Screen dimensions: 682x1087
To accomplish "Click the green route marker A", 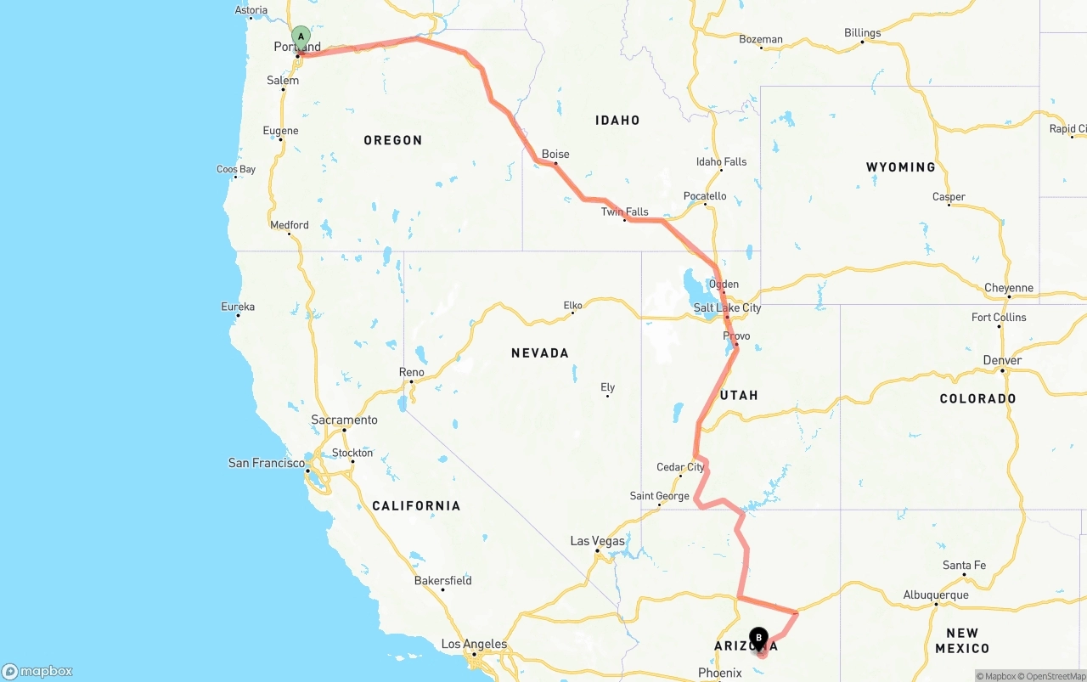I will click(301, 37).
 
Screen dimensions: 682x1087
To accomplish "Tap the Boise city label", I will click(555, 155).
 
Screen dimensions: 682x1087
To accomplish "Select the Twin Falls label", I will click(625, 212).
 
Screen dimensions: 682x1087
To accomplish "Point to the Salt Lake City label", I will click(727, 308).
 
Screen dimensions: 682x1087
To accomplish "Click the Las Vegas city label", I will click(597, 541).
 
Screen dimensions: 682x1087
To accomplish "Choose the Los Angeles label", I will click(474, 645).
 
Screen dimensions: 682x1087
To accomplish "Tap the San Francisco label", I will click(266, 463).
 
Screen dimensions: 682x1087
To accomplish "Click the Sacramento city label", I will click(344, 420).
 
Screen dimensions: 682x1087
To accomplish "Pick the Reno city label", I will click(411, 373).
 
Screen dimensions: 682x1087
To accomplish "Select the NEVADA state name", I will click(540, 353).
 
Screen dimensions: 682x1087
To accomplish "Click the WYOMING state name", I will click(900, 167).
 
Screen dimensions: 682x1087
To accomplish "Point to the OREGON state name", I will click(392, 140).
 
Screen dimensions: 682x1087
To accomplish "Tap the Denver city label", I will click(1002, 361).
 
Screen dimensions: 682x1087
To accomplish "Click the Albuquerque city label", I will click(936, 595).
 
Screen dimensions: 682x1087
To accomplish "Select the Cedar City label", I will click(680, 468).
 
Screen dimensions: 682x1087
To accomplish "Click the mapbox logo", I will click(37, 672).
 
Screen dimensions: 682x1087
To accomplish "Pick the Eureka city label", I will click(238, 307).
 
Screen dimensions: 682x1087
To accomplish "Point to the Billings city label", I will click(862, 34).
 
